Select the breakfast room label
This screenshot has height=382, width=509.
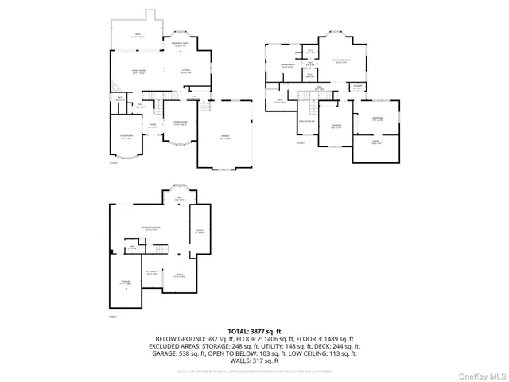pos(180,45)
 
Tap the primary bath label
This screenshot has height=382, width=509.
pos(287,66)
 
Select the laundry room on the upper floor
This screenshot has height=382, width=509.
pos(358,86)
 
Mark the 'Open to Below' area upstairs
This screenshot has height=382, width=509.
pos(308,121)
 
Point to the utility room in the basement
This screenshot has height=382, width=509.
pos(199,232)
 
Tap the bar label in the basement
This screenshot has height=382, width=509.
pos(178,199)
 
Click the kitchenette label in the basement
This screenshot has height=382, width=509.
pos(152,273)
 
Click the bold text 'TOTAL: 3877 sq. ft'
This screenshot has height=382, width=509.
pos(254,330)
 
